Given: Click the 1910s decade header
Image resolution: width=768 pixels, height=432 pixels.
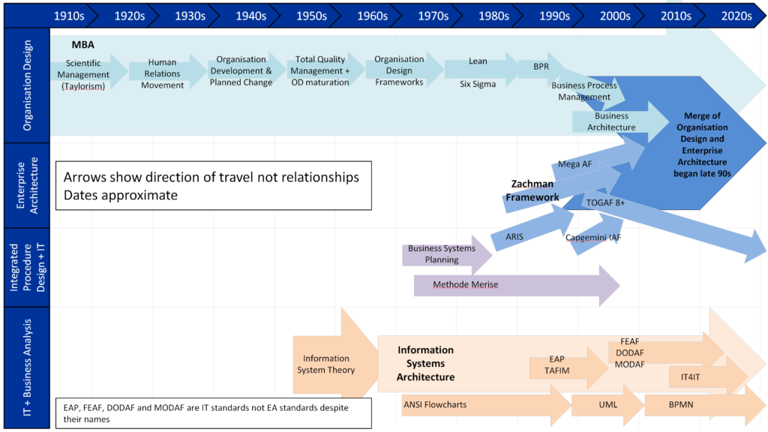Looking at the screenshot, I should click(69, 16).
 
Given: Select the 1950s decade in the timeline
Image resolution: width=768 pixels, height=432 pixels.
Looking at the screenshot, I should click(311, 16).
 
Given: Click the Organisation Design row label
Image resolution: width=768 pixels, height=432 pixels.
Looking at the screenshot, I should click(27, 86).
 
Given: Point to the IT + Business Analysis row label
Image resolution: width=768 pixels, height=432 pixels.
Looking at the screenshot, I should click(27, 367).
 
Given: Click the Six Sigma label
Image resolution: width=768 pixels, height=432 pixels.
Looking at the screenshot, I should click(478, 84).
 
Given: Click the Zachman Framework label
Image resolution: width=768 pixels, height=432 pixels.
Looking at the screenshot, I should click(532, 190).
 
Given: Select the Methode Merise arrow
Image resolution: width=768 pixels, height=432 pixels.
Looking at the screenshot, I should click(510, 285).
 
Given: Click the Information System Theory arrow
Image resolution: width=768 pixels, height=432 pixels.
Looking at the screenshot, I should click(330, 364).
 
